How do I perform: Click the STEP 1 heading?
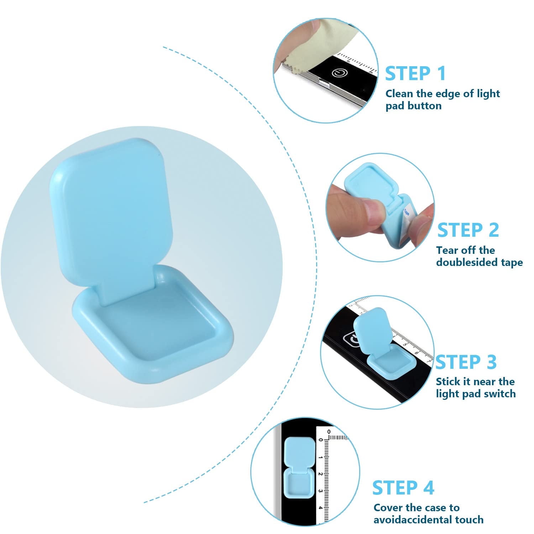click(415, 74)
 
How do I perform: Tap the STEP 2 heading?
click(468, 230)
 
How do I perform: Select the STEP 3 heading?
click(466, 362)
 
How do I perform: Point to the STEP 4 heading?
click(403, 487)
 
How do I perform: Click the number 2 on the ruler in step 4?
click(320, 474)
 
